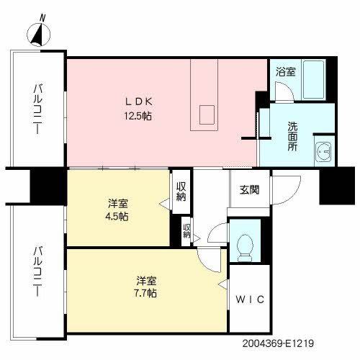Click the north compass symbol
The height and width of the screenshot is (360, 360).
39,32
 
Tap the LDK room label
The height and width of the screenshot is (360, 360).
139,102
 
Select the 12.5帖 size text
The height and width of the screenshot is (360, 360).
138,117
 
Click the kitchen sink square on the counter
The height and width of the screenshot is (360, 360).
207,114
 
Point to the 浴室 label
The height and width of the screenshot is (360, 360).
285,72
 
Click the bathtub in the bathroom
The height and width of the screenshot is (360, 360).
314,79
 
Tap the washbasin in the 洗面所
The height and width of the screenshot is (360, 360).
324,151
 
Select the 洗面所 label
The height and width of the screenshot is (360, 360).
292,136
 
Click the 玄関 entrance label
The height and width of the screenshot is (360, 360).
249,189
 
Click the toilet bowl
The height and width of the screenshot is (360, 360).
245,248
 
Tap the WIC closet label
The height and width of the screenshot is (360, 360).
250,300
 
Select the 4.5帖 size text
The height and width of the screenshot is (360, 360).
117,217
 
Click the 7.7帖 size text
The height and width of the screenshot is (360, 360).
145,293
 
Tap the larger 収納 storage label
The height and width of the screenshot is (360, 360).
181,192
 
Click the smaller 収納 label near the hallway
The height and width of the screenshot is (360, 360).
186,231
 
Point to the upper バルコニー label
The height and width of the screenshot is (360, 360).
37,109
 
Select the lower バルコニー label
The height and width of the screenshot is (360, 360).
37,271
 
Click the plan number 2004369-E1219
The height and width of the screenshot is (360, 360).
278,343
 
